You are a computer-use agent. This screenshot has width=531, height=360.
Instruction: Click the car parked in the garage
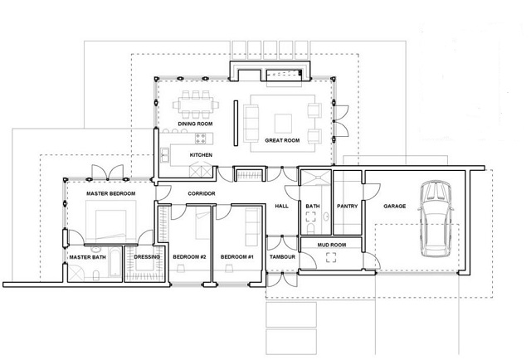tap(436, 219)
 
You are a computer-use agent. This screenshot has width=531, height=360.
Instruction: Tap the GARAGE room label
tap(395, 206)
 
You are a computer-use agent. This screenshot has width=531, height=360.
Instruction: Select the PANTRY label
tap(347, 206)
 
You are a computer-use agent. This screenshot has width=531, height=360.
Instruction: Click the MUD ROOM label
tap(332, 245)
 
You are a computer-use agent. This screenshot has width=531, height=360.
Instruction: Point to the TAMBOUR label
tap(282, 257)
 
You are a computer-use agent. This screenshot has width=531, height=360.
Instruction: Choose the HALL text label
tap(282, 206)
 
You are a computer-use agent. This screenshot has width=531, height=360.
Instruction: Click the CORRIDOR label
tap(202, 194)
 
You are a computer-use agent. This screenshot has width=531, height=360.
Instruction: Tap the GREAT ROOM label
tap(282, 140)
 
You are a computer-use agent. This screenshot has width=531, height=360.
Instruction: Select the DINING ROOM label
tap(196, 124)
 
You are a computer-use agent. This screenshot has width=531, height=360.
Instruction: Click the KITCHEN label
tap(201, 155)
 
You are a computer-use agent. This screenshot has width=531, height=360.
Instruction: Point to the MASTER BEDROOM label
tap(110, 194)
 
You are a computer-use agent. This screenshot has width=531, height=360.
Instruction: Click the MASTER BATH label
tap(88, 257)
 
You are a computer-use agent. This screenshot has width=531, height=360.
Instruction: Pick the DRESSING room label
tap(147, 257)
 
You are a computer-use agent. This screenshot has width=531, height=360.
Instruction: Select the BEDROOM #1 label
tap(237, 257)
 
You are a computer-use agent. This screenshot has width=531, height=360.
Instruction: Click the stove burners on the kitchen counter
tap(201, 139)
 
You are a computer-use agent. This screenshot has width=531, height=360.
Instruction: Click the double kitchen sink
tap(165, 155)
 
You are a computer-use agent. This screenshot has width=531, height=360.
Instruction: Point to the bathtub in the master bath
tap(115, 262)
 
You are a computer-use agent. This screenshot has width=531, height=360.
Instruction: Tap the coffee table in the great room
tap(283, 124)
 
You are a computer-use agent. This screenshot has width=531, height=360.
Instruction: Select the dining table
tap(196, 104)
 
